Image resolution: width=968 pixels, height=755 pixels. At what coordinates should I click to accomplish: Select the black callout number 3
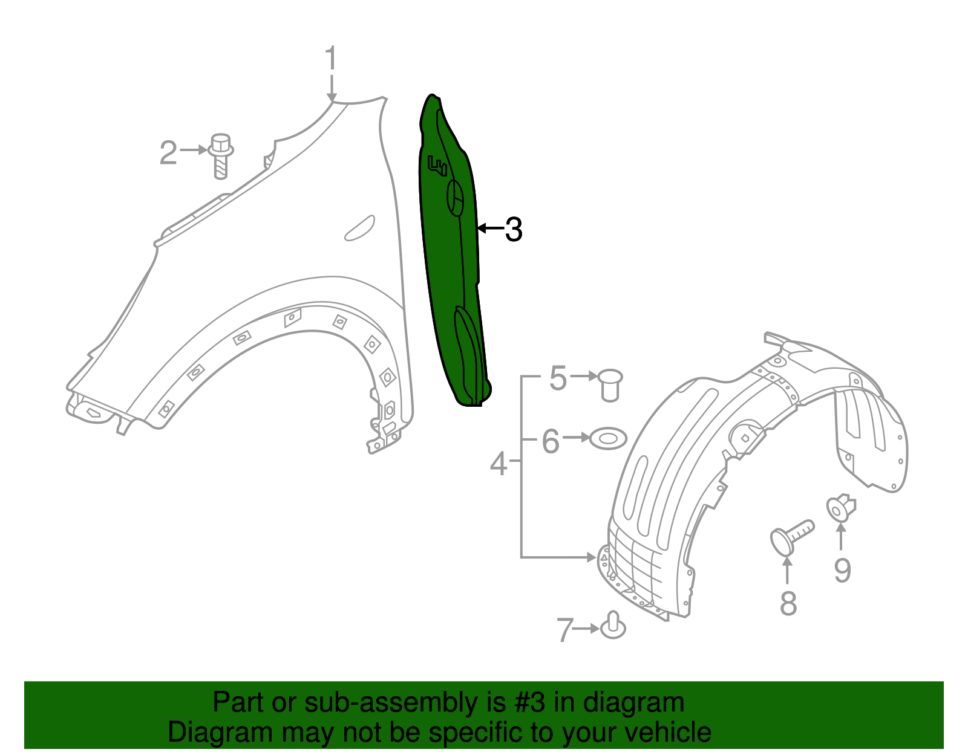pyautogui.click(x=514, y=230)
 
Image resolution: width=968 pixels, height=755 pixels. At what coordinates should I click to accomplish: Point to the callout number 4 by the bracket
pyautogui.click(x=498, y=464)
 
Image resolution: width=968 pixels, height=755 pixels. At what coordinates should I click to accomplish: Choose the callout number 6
pyautogui.click(x=550, y=441)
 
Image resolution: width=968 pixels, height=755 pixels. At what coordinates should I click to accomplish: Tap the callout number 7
pyautogui.click(x=564, y=630)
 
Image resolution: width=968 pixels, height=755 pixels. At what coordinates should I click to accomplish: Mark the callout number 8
pyautogui.click(x=788, y=603)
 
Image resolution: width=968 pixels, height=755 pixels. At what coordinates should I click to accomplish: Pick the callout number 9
pyautogui.click(x=842, y=569)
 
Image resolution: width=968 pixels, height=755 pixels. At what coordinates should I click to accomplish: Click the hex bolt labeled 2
pyautogui.click(x=221, y=155)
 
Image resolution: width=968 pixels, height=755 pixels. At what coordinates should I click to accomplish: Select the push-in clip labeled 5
pyautogui.click(x=610, y=384)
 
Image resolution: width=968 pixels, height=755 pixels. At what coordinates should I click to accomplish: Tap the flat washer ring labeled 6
pyautogui.click(x=608, y=438)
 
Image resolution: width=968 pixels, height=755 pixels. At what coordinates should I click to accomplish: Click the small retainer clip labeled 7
pyautogui.click(x=613, y=626)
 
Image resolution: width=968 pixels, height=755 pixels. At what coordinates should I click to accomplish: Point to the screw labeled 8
pyautogui.click(x=791, y=536)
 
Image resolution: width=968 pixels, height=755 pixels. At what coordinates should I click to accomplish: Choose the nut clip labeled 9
pyautogui.click(x=841, y=508)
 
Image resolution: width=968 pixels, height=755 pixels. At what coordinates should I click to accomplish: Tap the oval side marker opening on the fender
pyautogui.click(x=359, y=228)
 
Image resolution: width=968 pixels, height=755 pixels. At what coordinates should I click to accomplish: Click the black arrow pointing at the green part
pyautogui.click(x=489, y=228)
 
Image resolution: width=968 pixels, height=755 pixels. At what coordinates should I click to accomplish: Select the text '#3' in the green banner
pyautogui.click(x=530, y=703)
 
